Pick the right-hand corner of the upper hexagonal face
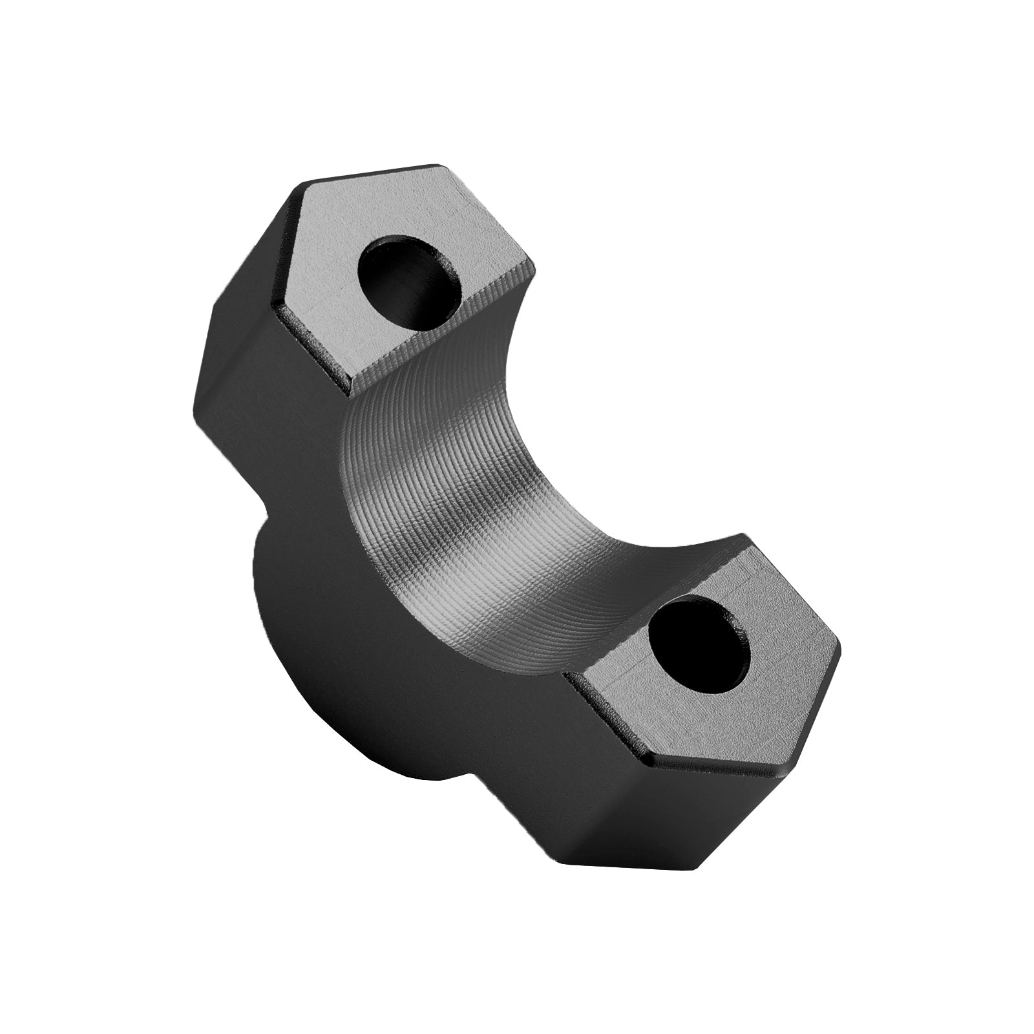[x=535, y=266]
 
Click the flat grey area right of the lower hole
[x=788, y=659]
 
